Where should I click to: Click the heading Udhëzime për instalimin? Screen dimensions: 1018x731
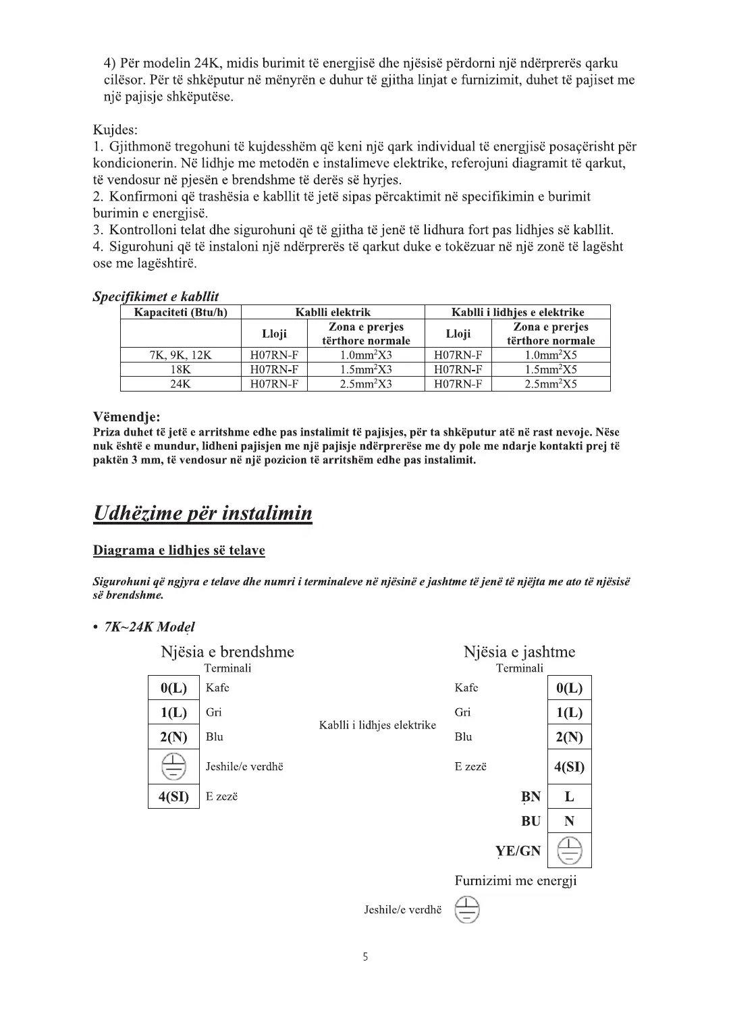coord(202,513)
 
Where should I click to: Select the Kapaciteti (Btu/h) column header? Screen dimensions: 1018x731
coord(180,312)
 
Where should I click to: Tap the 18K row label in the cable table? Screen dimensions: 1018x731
coord(180,369)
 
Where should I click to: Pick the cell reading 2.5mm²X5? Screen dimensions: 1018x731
coord(551,384)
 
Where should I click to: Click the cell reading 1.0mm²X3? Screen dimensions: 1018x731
coord(366,355)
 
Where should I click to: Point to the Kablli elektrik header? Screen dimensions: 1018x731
coord(333,312)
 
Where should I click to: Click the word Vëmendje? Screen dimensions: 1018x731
coord(126,417)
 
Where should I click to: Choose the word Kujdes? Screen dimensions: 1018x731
coord(115,130)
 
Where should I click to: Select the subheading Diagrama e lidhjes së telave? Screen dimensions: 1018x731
coord(179,550)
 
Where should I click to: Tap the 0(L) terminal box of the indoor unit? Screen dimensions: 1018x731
coord(173,689)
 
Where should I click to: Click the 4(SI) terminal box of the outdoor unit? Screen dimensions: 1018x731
coord(569,767)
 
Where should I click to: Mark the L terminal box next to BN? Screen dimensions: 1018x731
coord(569,797)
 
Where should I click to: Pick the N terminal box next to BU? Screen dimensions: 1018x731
coord(569,822)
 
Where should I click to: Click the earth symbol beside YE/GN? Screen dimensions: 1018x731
coord(569,851)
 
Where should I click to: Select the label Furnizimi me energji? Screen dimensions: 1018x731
coord(516,881)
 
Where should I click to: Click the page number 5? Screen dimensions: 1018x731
coord(365,957)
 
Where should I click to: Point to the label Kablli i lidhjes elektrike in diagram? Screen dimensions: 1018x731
coord(377,725)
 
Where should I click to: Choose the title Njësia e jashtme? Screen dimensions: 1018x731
coord(519,652)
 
